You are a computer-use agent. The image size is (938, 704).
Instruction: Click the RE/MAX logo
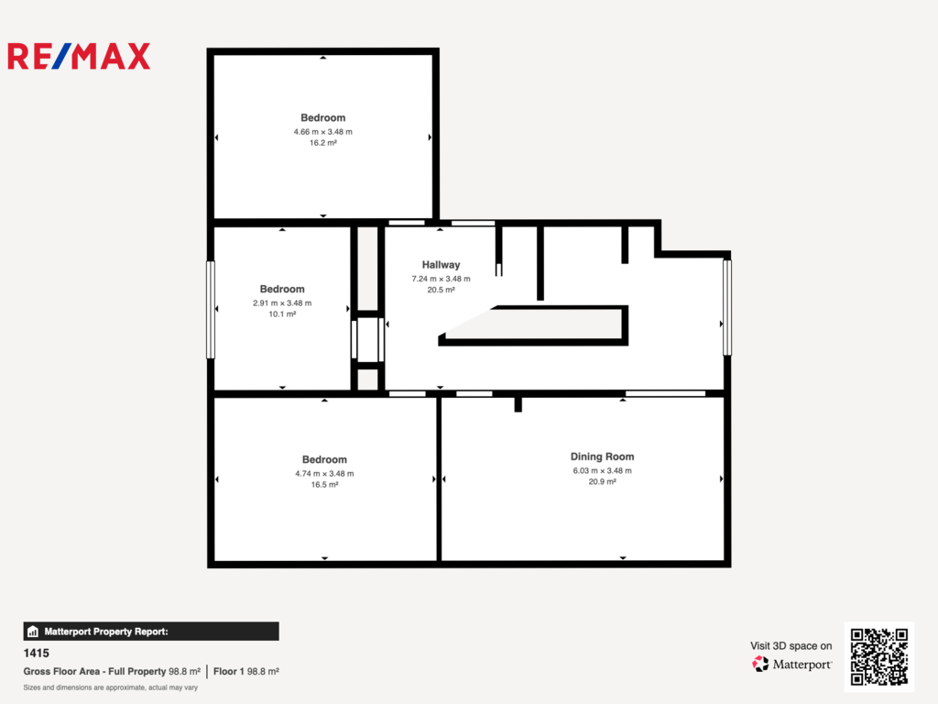(x=79, y=56)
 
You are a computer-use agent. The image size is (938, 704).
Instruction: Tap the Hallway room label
(x=441, y=265)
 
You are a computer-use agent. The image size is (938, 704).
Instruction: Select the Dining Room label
(x=602, y=456)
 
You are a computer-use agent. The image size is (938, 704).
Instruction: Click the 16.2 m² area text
(x=323, y=143)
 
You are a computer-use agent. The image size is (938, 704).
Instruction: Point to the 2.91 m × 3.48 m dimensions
(x=282, y=302)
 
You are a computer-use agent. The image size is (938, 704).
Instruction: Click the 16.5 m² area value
(x=324, y=485)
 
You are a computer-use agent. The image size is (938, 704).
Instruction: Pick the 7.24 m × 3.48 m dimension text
(x=441, y=279)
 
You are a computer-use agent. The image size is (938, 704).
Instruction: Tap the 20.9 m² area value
(x=602, y=482)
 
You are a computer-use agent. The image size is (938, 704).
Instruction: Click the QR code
(x=878, y=656)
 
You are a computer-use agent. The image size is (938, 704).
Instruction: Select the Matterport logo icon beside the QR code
(x=760, y=664)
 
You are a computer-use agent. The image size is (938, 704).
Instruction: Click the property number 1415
(x=37, y=653)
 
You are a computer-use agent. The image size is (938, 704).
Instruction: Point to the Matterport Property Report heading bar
(x=151, y=632)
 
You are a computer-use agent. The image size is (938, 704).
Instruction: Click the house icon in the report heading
(x=33, y=632)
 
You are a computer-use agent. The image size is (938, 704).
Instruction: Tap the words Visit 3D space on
(x=791, y=646)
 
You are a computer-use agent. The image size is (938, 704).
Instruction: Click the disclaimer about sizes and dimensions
(x=111, y=687)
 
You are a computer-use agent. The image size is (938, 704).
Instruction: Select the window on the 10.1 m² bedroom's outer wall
(x=211, y=310)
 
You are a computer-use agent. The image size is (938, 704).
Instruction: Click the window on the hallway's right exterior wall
(x=727, y=307)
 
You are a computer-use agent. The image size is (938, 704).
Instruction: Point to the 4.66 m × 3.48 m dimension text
(x=323, y=132)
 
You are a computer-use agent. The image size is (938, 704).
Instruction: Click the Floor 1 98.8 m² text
(x=245, y=672)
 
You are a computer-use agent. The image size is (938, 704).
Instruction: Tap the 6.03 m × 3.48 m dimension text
(x=602, y=471)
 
